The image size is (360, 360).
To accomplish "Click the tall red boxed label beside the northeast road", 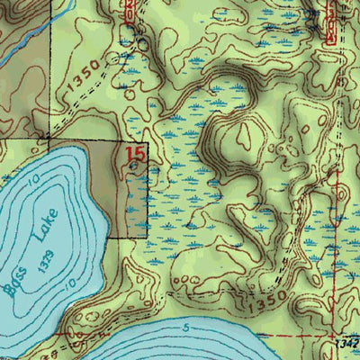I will tap(129, 11).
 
